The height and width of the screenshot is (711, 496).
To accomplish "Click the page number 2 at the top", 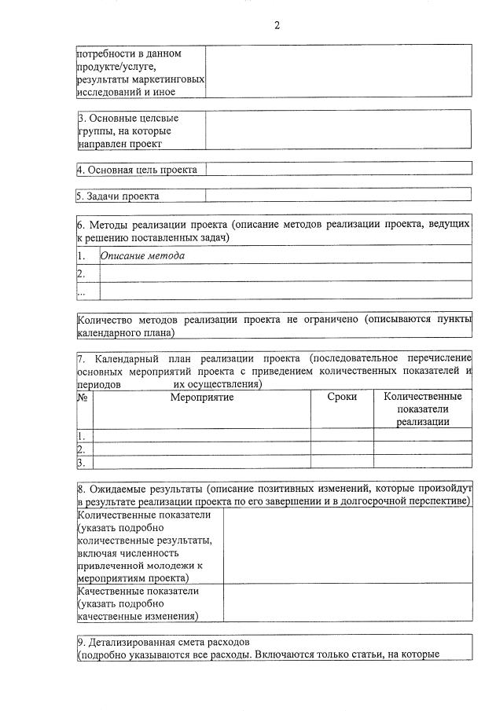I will [277, 24].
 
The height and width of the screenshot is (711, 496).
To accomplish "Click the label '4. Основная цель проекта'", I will [138, 170].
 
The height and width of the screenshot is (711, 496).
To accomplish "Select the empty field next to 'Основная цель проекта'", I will [338, 169].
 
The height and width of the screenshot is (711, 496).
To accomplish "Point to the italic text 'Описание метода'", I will [143, 255].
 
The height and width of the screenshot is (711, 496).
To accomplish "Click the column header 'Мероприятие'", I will [202, 398].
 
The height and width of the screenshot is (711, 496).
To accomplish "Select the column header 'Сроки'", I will [342, 398].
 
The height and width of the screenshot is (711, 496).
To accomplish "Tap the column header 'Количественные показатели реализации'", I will [423, 409].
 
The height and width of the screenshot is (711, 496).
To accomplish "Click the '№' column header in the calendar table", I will [83, 398].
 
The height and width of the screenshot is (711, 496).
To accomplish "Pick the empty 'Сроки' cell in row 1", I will [342, 435].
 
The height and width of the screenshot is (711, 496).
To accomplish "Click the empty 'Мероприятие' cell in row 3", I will [202, 462].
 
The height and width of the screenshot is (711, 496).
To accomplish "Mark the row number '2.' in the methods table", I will [81, 273].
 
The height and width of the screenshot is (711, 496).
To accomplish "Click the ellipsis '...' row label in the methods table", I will [81, 291].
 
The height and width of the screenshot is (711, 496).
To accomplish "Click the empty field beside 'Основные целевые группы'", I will [338, 130].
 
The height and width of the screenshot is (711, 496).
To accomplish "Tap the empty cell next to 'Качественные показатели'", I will [347, 603].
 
